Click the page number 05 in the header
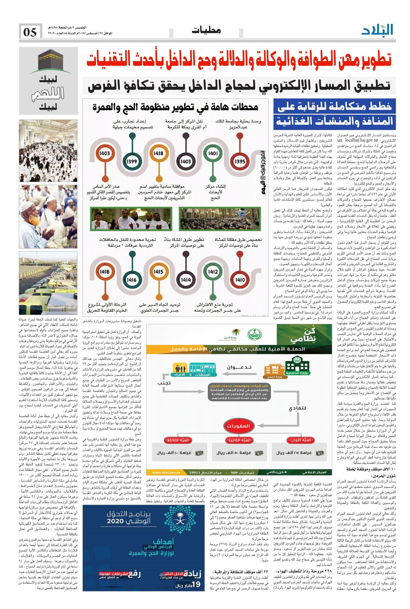pyautogui.click(x=30, y=33)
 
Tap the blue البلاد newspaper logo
pyautogui.click(x=377, y=30)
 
